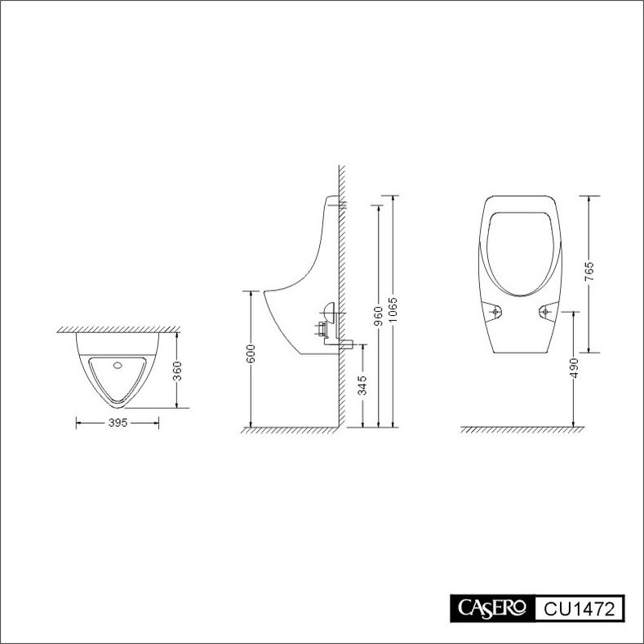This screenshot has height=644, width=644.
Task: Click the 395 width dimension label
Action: pyautogui.click(x=118, y=423)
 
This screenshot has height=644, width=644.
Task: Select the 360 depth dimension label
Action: pyautogui.click(x=177, y=371)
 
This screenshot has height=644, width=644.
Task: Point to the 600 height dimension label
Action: pyautogui.click(x=251, y=353)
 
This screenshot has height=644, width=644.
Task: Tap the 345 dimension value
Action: pyautogui.click(x=362, y=385)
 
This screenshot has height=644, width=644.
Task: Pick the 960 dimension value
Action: pyautogui.click(x=379, y=315)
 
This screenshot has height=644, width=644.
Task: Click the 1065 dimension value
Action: pyautogui.click(x=393, y=309)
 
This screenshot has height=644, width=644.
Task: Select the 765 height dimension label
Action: pyautogui.click(x=589, y=271)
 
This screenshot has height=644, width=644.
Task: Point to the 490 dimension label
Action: pyautogui.click(x=574, y=368)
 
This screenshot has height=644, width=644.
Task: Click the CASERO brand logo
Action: pyautogui.click(x=492, y=608)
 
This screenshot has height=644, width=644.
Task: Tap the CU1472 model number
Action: pyautogui.click(x=580, y=608)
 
